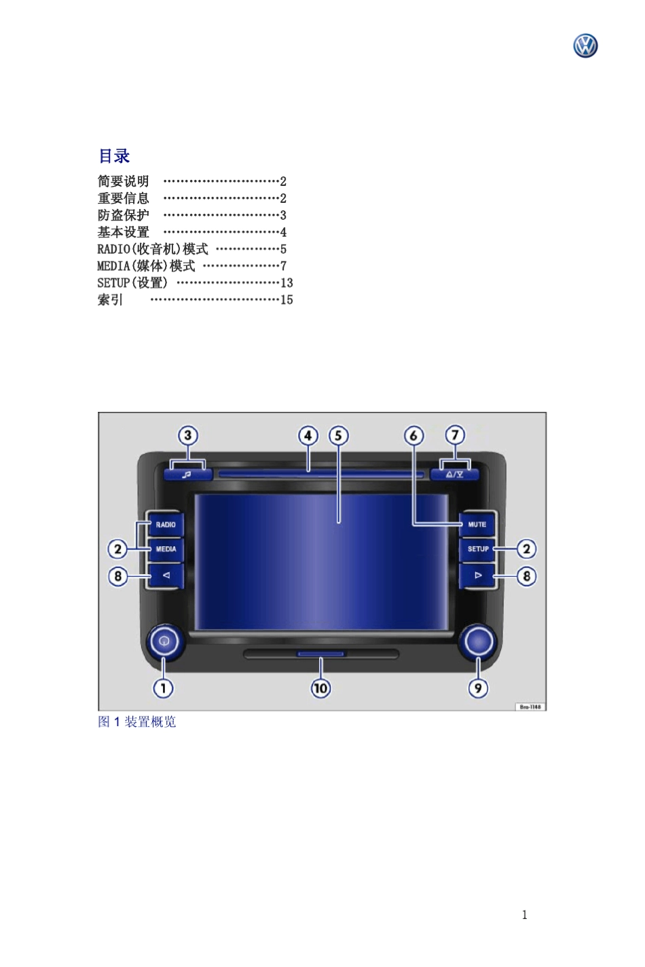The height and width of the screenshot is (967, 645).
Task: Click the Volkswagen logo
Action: click(x=585, y=46)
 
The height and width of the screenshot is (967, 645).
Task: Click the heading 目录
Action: click(x=114, y=156)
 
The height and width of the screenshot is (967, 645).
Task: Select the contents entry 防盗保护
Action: click(x=123, y=215)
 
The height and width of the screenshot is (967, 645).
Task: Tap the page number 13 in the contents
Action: click(x=287, y=283)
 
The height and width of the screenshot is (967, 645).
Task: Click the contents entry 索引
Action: click(x=110, y=300)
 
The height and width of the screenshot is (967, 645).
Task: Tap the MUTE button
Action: click(x=477, y=525)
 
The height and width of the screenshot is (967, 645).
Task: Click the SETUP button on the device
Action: click(x=477, y=549)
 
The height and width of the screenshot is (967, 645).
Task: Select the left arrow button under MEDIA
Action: click(x=166, y=575)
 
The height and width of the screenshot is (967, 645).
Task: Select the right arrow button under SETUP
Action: click(x=477, y=575)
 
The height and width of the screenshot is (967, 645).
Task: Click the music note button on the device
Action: click(x=187, y=474)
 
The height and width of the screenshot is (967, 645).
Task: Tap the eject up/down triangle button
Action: click(x=455, y=474)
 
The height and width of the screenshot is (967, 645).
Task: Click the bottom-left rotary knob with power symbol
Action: click(x=164, y=641)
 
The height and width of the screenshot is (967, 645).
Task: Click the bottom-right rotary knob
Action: click(x=478, y=641)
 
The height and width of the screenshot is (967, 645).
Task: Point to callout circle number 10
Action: click(x=320, y=688)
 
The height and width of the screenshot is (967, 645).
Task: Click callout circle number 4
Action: click(x=308, y=436)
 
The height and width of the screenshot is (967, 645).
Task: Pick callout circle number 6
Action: click(x=413, y=436)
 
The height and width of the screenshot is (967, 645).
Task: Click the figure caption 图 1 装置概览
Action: click(x=137, y=722)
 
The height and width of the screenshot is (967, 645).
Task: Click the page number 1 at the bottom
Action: click(x=524, y=915)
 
